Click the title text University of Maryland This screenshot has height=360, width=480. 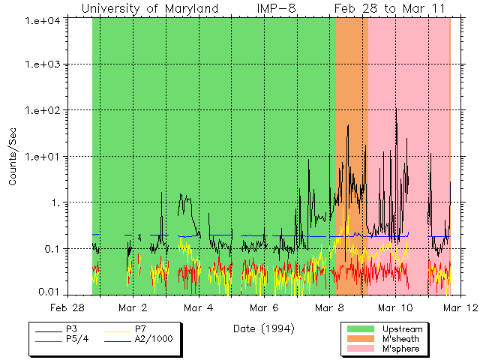[x=150, y=8]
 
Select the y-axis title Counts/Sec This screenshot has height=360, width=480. [x=13, y=157]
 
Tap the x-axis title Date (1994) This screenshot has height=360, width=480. [x=263, y=328]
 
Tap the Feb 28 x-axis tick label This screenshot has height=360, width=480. [x=67, y=307]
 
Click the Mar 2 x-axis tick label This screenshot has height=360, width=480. [x=133, y=307]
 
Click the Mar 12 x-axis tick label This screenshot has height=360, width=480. [x=452, y=307]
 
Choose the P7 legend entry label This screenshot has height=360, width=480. [x=140, y=328]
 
